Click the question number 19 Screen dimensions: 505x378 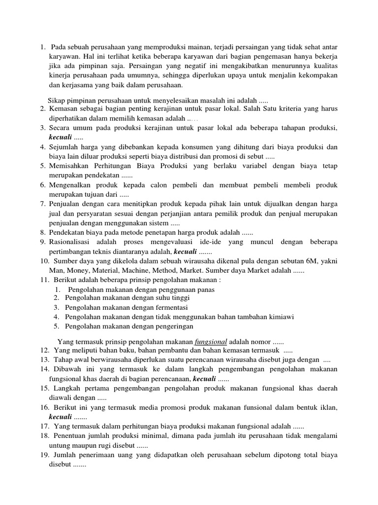click(x=44, y=455)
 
